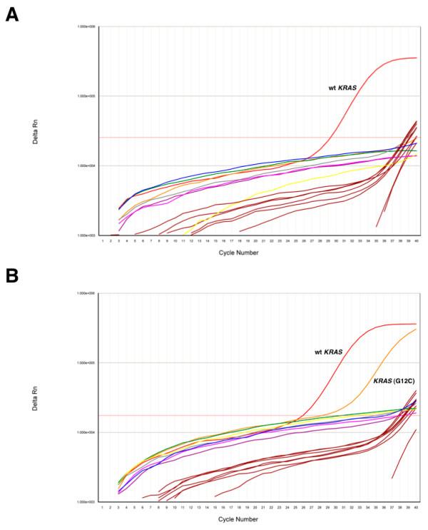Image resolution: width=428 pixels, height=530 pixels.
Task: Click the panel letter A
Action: pos(11,14)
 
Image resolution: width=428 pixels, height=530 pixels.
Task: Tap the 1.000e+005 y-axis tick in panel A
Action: pos(87,96)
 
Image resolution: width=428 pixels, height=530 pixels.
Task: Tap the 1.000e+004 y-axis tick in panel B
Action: pos(87,432)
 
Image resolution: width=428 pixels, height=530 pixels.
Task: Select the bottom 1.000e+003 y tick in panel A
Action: pos(87,235)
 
